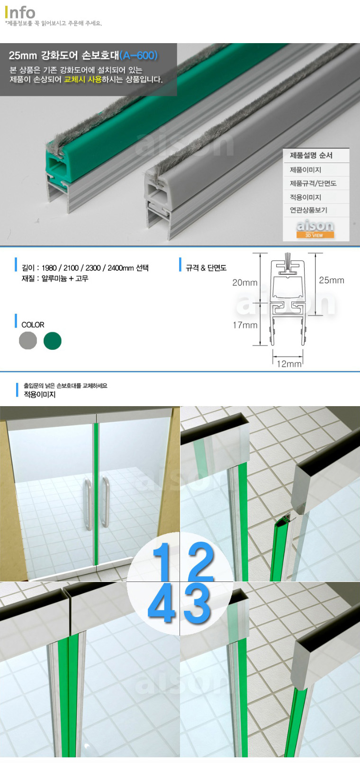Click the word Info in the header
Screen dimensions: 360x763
20,13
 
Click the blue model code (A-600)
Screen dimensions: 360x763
139,55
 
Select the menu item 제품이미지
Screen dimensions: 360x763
306,170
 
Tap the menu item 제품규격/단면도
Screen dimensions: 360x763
313,183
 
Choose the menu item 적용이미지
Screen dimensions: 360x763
306,197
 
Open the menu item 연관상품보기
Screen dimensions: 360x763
308,210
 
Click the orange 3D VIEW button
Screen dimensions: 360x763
315,235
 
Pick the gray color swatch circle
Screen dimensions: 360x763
28,341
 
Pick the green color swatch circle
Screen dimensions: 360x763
53,341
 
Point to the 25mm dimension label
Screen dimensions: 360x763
332,281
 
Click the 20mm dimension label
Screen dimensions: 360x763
245,282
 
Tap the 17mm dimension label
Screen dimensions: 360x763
245,325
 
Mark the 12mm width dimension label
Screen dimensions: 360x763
289,364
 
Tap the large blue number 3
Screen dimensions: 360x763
197,603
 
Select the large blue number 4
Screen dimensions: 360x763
162,602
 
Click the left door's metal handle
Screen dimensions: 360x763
88,504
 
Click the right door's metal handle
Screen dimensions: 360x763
106,502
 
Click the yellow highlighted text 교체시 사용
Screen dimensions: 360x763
83,79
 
